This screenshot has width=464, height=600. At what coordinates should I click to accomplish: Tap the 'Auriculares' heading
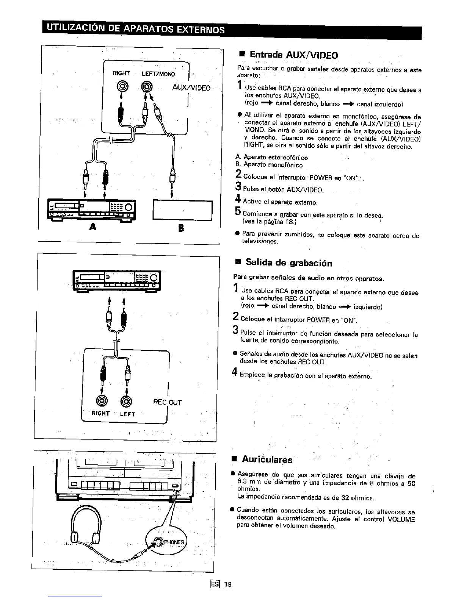pyautogui.click(x=267, y=460)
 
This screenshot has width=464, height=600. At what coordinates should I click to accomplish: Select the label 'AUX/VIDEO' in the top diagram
pyautogui.click(x=191, y=87)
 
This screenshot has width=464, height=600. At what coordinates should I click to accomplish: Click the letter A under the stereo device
pyautogui.click(x=91, y=227)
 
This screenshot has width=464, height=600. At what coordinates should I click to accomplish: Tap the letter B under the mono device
pyautogui.click(x=181, y=228)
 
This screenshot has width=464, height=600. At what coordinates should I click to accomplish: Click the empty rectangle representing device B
pyautogui.click(x=182, y=210)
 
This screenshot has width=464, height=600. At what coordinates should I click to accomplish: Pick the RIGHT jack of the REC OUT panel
pyautogui.click(x=102, y=401)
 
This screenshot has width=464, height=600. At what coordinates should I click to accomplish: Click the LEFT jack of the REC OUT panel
pyautogui.click(x=127, y=401)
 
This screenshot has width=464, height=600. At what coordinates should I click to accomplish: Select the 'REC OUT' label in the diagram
pyautogui.click(x=167, y=402)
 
